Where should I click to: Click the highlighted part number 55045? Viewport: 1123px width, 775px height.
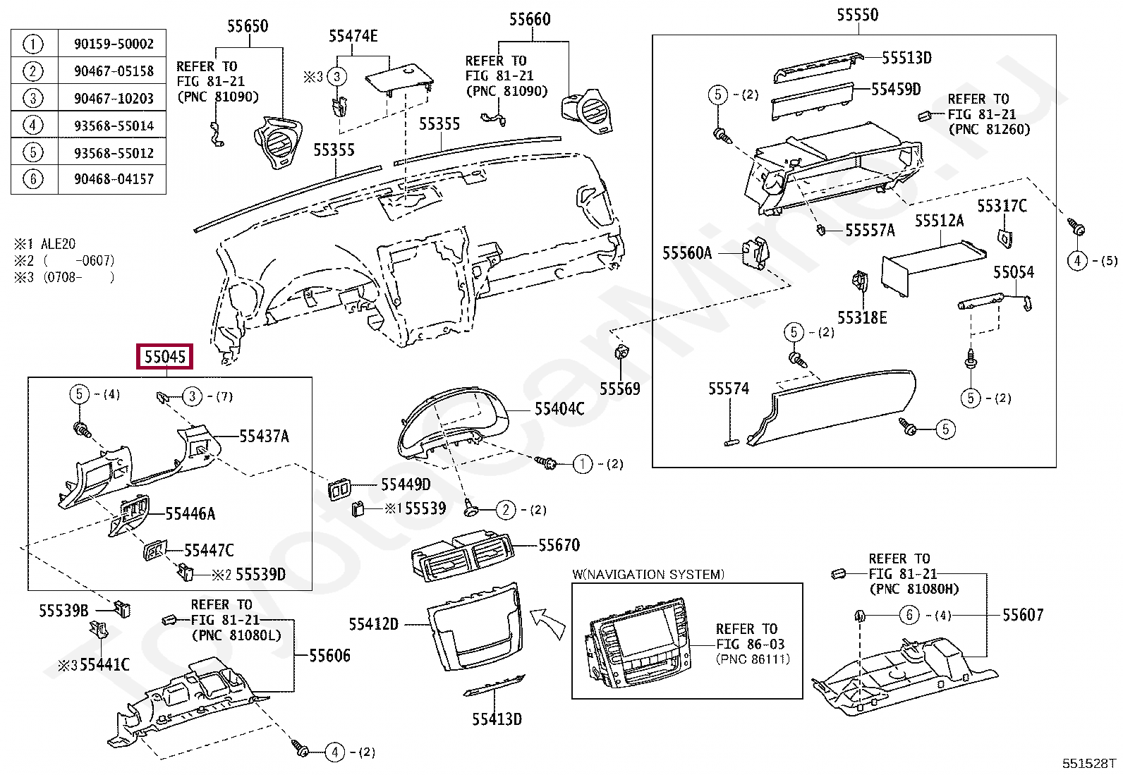coord(165,357)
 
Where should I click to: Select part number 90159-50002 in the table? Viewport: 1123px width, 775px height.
coord(114,44)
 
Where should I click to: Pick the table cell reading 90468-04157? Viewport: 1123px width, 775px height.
coord(114,179)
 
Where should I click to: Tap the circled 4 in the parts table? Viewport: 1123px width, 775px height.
coord(32,126)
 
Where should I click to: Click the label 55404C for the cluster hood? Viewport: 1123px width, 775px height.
coord(559,409)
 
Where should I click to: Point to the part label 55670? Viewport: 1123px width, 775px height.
coord(559,545)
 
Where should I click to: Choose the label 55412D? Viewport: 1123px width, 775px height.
coord(373,624)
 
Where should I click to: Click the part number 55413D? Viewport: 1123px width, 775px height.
coord(497,719)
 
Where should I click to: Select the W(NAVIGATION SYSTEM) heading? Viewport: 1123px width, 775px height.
coord(648,574)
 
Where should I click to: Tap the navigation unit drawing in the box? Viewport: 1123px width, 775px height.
coord(635,642)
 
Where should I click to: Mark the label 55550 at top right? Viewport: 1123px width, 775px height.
coord(857,15)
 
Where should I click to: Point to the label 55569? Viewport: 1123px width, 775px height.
coord(619,389)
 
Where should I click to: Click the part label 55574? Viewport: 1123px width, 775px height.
coord(728,389)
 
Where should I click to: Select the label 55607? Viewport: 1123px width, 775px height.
coord(1022,615)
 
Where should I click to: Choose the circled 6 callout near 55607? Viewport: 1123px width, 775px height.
coord(909,615)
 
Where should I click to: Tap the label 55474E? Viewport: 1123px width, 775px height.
coord(353,36)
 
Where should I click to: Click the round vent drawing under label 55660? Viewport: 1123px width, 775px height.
coord(587,111)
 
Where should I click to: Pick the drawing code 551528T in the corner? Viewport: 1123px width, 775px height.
coord(1089,763)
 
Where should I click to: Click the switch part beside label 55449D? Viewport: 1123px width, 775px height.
coord(339,489)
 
